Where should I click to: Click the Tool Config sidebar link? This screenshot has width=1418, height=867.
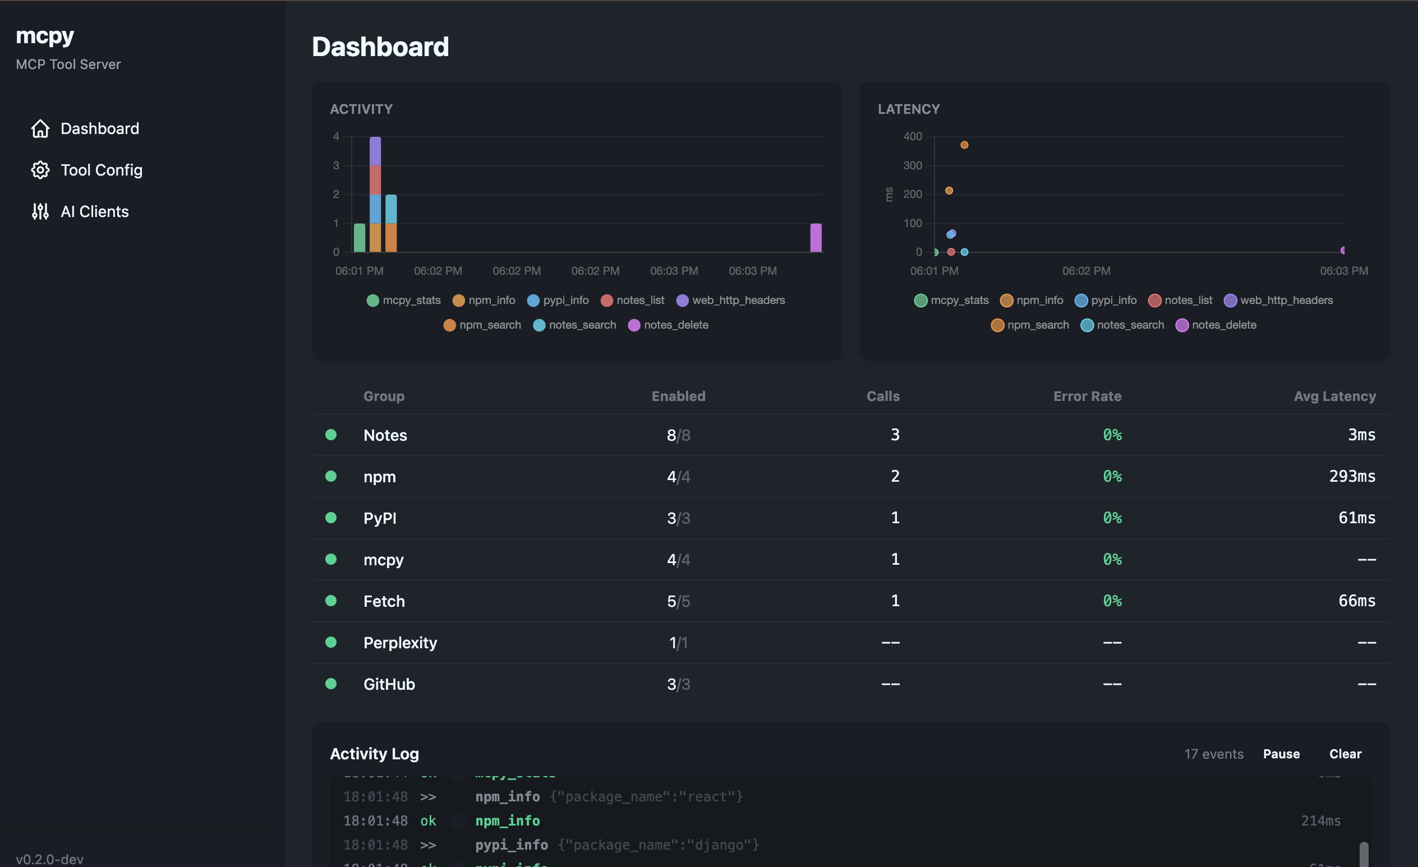[x=101, y=170]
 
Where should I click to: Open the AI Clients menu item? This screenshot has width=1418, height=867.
[x=94, y=212]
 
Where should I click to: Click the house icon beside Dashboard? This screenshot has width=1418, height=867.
[x=40, y=128]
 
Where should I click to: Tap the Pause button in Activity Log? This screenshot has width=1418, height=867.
[x=1281, y=754]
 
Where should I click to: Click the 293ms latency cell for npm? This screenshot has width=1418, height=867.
[x=1352, y=476]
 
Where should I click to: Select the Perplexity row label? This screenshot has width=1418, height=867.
[x=400, y=643]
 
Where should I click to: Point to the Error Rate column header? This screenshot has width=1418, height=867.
[x=1086, y=396]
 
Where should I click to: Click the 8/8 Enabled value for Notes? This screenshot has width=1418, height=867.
[x=678, y=435]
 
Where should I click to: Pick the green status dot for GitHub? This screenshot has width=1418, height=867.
[x=331, y=684]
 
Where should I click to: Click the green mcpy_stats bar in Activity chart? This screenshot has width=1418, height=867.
[x=360, y=238]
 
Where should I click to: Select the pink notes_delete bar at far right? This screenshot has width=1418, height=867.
[x=816, y=238]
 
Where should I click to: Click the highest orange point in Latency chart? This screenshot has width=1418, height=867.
[x=964, y=145]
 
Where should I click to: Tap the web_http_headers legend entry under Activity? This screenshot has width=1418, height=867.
[x=731, y=301]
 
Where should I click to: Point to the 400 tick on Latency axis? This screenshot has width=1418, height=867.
[x=912, y=136]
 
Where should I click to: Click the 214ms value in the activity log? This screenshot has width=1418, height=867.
[x=1320, y=821]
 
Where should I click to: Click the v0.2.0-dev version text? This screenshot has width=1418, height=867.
[x=49, y=859]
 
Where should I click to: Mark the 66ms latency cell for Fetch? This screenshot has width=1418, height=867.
[x=1356, y=601]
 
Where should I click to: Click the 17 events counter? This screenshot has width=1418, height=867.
[x=1213, y=754]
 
